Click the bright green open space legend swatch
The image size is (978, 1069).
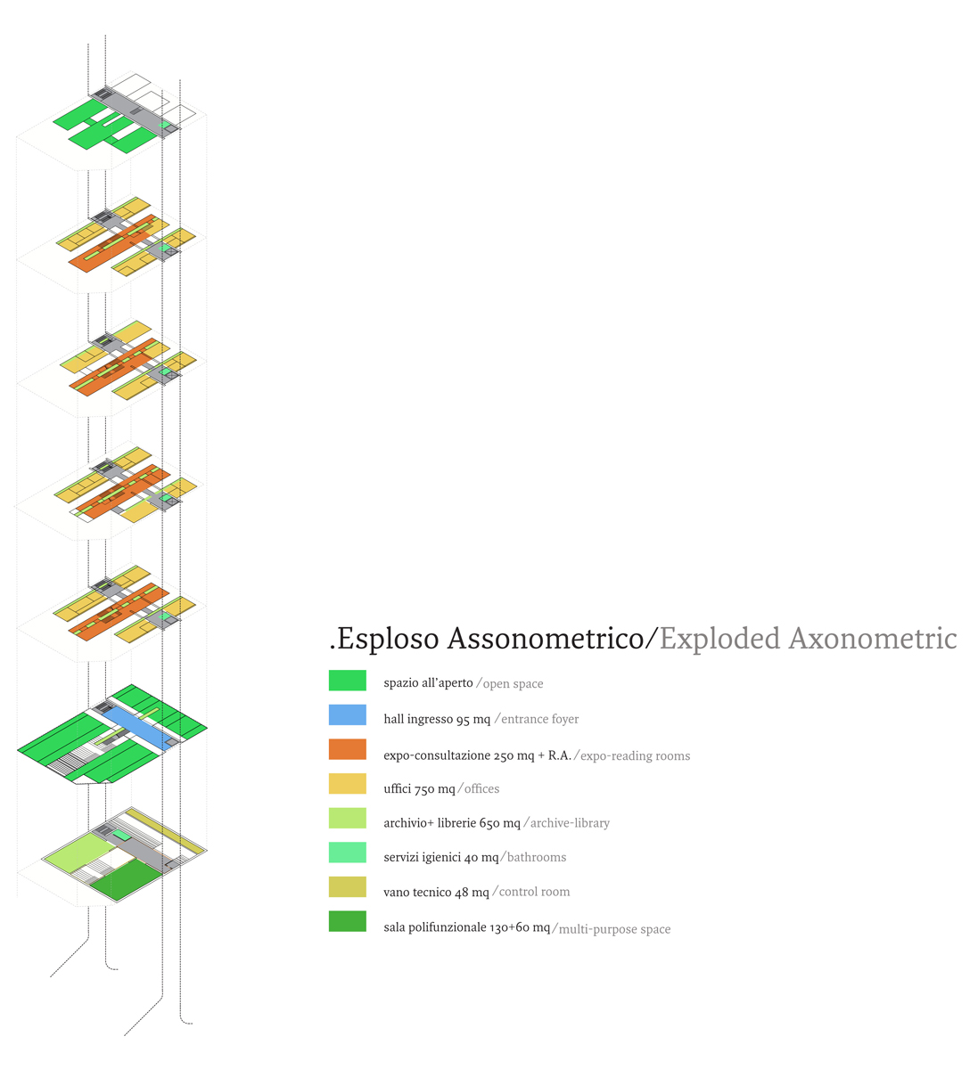(x=348, y=681)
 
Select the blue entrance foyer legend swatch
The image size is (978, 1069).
(x=348, y=715)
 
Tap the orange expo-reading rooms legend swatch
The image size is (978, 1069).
(x=348, y=749)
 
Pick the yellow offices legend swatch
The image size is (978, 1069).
(x=348, y=784)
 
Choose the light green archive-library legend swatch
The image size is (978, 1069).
(x=348, y=818)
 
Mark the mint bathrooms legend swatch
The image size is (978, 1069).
(x=348, y=853)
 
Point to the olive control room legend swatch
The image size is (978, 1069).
(x=348, y=887)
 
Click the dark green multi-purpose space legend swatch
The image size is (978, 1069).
(x=348, y=921)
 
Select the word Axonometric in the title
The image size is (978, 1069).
(x=873, y=639)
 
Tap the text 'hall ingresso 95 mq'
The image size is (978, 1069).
(x=437, y=720)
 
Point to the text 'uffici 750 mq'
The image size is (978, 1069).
(x=419, y=788)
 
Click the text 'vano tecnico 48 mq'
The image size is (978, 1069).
(x=437, y=892)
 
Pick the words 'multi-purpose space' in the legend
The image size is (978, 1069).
(x=614, y=929)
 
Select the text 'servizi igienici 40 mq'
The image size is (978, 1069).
(x=441, y=858)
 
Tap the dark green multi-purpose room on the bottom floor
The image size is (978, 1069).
(x=127, y=878)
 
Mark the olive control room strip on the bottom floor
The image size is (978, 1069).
(x=166, y=831)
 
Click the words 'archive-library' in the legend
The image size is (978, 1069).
(x=570, y=823)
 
